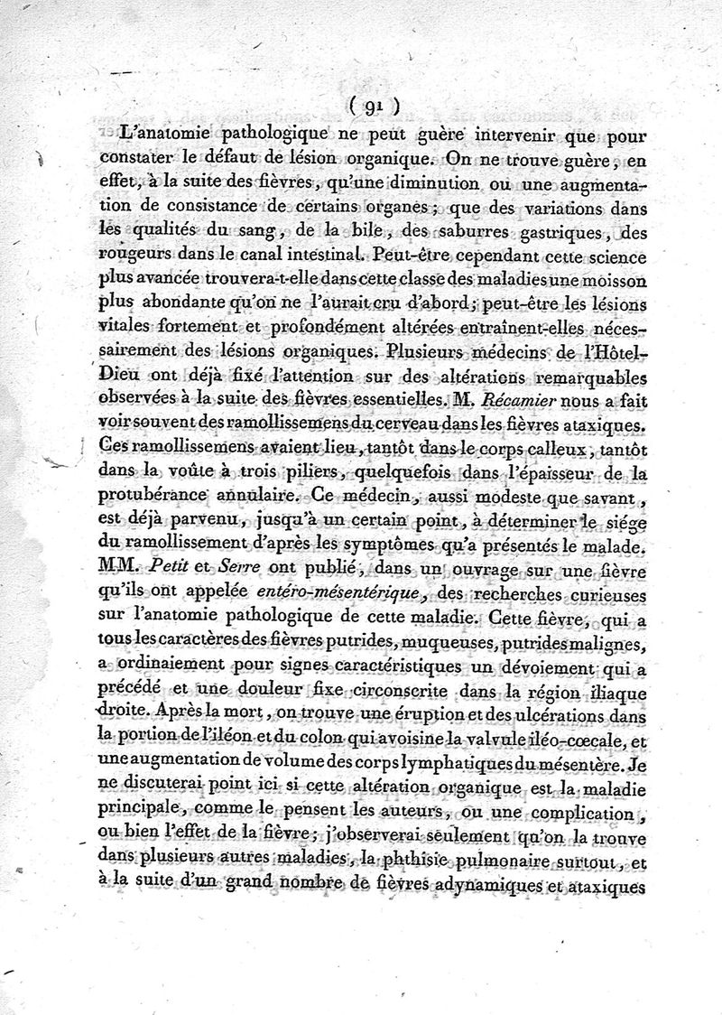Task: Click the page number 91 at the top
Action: coord(371,106)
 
